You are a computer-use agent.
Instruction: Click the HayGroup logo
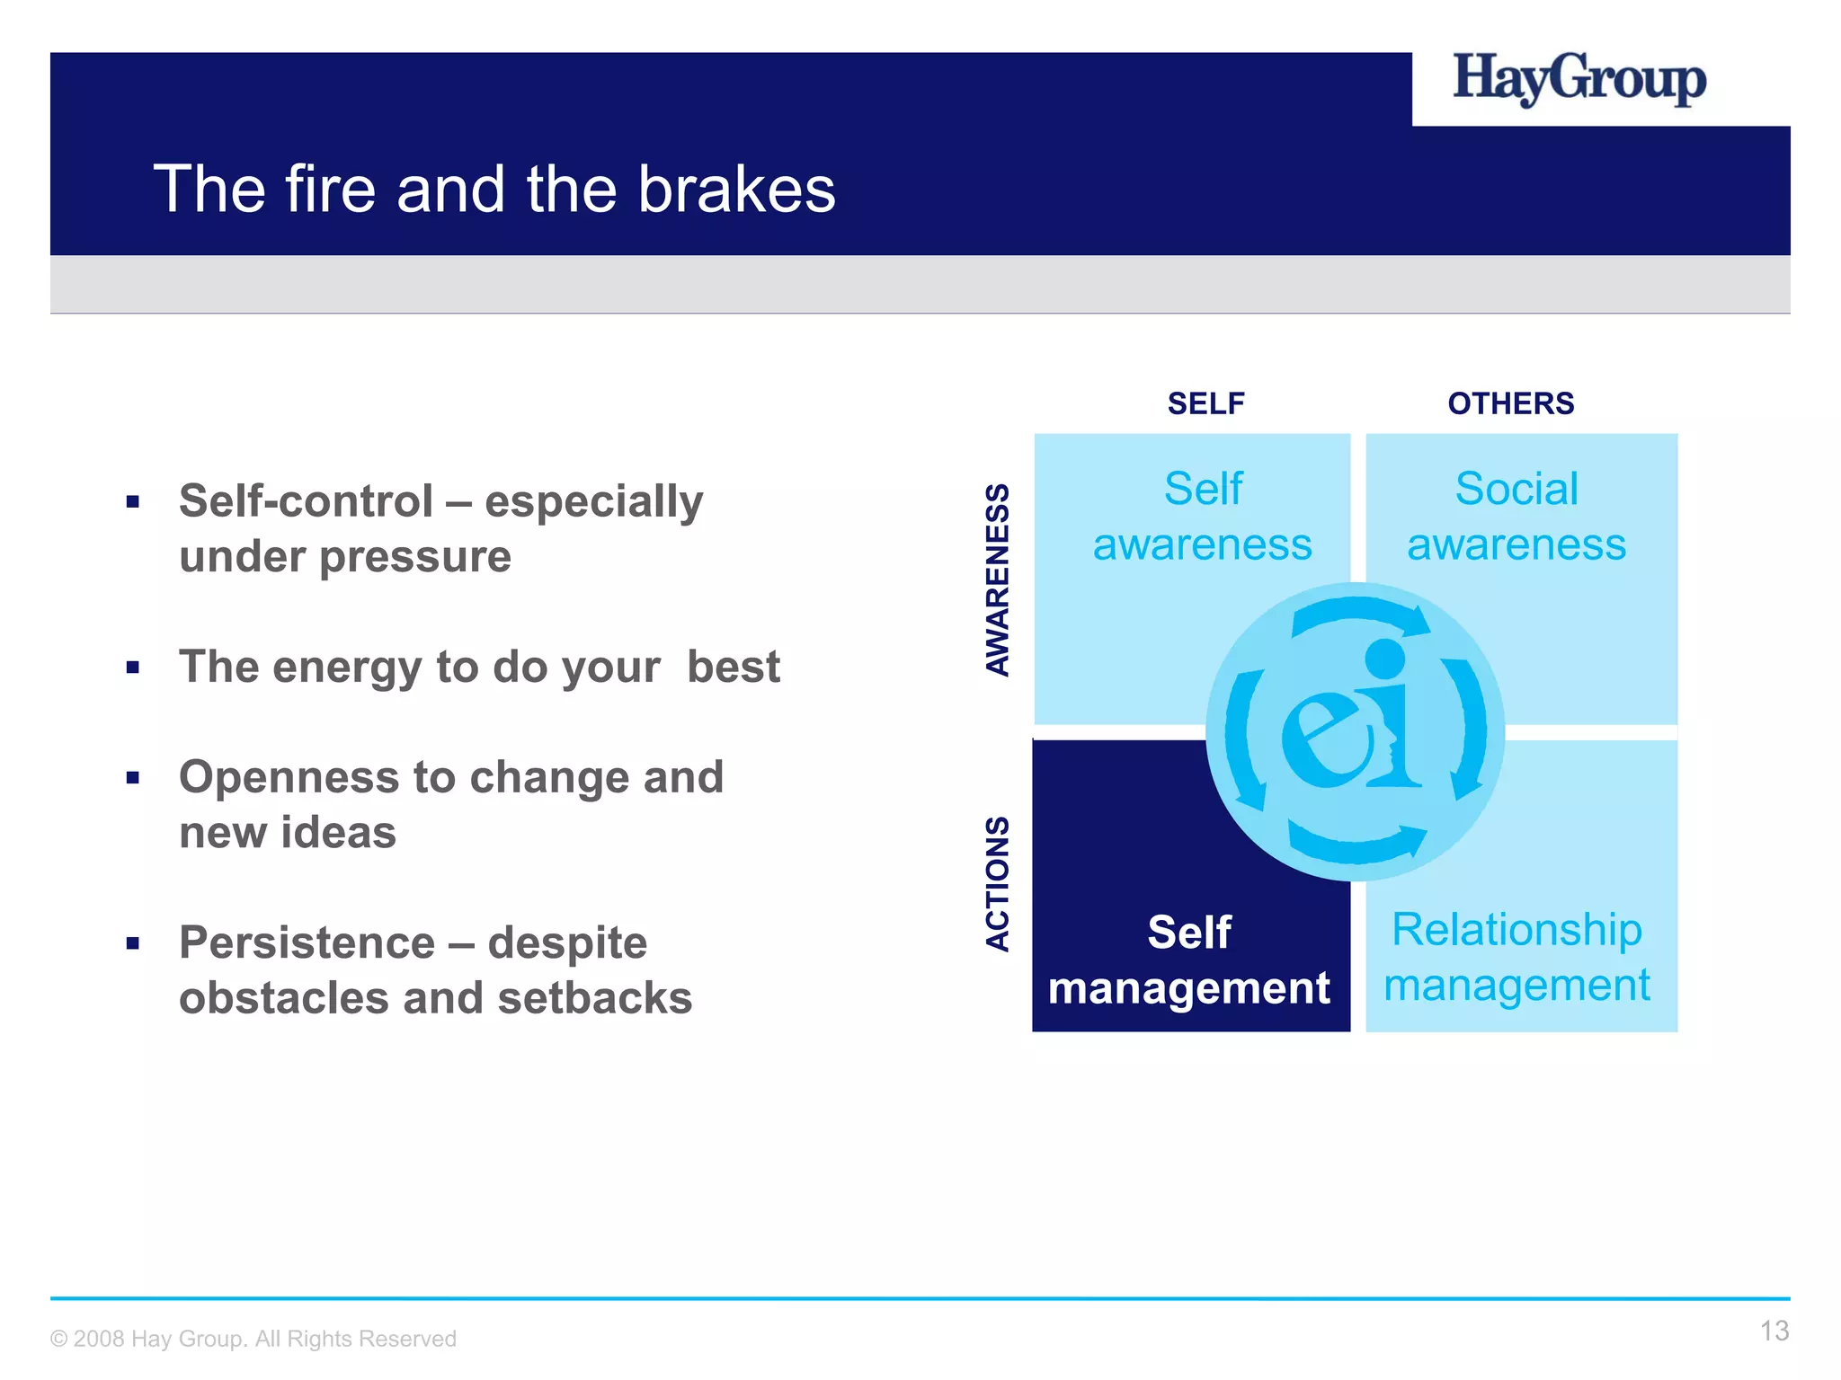tap(1579, 81)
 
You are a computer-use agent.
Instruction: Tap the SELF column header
tap(1205, 403)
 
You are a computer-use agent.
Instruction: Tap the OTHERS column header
tap(1510, 403)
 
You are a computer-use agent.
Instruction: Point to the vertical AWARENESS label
tap(998, 579)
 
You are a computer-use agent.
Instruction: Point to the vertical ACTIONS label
tap(998, 883)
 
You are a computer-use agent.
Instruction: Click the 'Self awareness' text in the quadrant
tap(1202, 517)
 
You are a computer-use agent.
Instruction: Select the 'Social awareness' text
tap(1516, 517)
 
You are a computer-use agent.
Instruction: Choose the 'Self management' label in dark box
tap(1188, 960)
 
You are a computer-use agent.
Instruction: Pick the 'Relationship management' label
tap(1516, 957)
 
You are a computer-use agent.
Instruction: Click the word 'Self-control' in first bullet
tap(306, 501)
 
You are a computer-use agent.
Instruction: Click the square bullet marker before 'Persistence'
tap(133, 943)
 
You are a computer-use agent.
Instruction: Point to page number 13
tap(1774, 1331)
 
